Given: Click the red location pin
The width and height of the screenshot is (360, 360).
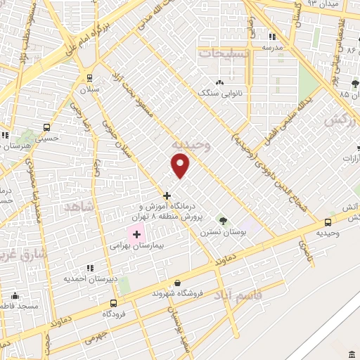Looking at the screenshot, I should tap(181, 165).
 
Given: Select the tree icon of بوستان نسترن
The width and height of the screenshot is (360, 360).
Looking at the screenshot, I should tap(223, 220).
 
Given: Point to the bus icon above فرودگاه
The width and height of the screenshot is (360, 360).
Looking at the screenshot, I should tap(112, 303).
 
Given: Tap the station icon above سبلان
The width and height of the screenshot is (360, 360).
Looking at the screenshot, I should tap(89, 78).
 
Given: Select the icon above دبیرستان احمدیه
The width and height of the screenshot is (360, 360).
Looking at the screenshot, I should tap(89, 268).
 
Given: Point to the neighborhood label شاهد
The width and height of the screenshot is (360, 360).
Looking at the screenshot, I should tap(77, 207).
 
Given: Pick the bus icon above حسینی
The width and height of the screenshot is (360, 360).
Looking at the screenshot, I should tap(46, 128).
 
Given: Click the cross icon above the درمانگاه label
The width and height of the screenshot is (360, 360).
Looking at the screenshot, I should tap(167, 195).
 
